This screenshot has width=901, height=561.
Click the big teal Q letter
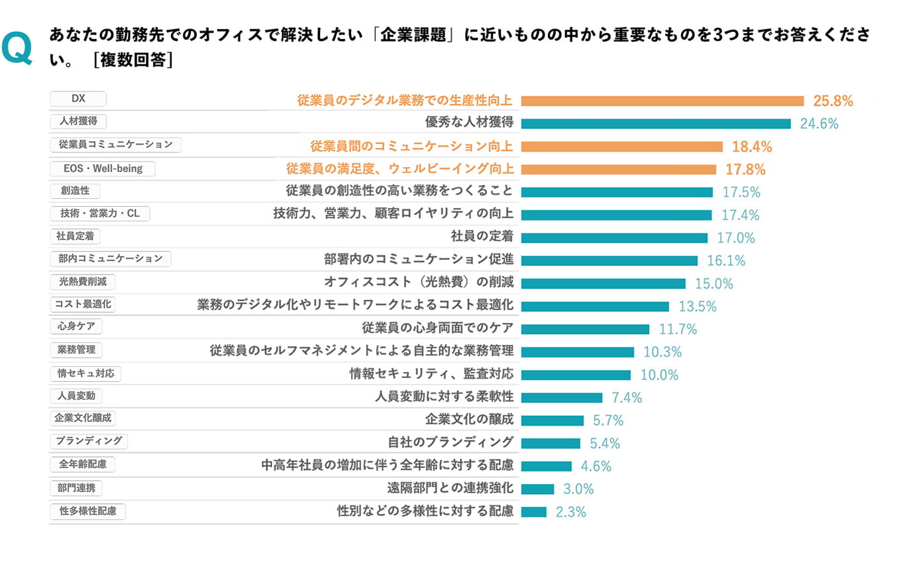(x=17, y=50)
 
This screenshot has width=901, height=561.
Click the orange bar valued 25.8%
(x=662, y=101)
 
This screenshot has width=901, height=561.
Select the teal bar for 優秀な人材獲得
(x=656, y=123)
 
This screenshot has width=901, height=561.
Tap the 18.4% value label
(x=752, y=147)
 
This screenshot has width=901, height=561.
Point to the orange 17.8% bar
(x=619, y=169)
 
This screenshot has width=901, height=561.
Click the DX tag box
(x=78, y=99)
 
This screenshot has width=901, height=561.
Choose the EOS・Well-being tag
(x=103, y=168)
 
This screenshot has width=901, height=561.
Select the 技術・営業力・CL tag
(x=100, y=214)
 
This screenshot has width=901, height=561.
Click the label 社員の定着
(x=482, y=237)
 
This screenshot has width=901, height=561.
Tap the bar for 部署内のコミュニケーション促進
(x=609, y=261)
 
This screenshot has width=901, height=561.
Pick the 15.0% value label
(x=714, y=284)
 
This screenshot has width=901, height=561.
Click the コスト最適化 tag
(x=83, y=304)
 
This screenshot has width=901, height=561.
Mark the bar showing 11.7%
(x=585, y=329)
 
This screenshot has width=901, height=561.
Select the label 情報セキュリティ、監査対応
(x=431, y=374)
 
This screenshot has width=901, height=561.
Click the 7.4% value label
(x=627, y=398)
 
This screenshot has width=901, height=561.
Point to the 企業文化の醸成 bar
(x=553, y=420)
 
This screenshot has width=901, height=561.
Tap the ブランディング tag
(x=89, y=441)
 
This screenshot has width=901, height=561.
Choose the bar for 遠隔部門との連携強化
(x=537, y=489)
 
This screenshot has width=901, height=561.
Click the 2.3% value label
(x=570, y=512)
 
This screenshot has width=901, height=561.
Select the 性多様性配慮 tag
(x=87, y=511)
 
